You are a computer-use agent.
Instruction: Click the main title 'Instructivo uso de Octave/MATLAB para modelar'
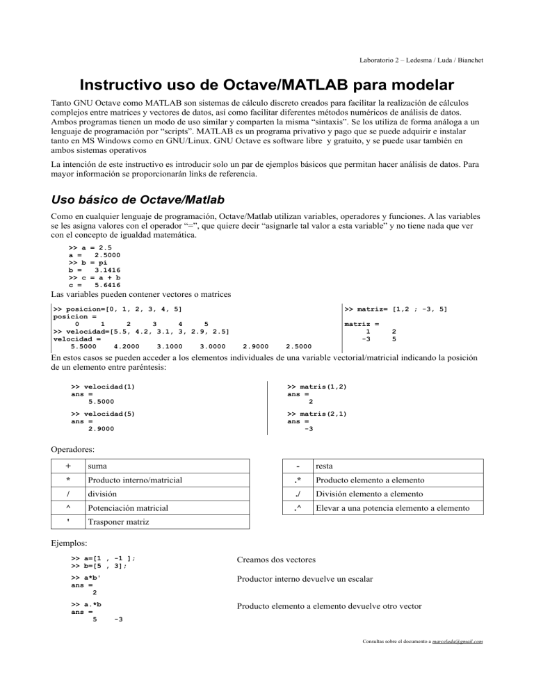[x=266, y=87]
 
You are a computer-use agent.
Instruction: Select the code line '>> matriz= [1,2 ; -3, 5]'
[x=396, y=308]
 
